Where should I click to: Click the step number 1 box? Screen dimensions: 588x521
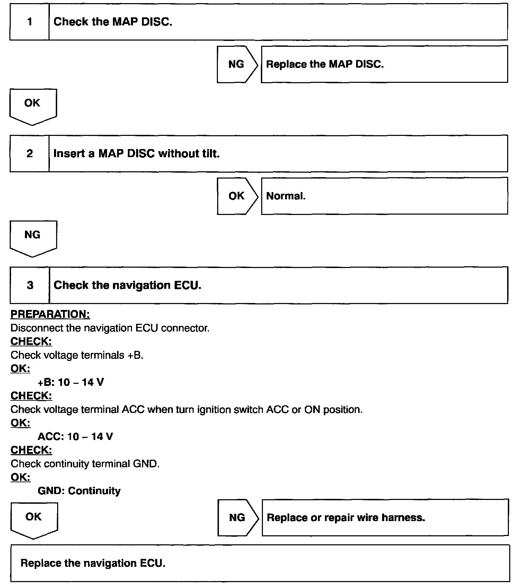[29, 22]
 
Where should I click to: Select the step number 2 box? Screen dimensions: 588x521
[29, 153]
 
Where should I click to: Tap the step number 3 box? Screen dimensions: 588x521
[30, 285]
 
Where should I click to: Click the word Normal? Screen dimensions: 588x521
[286, 196]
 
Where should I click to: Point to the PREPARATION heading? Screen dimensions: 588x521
[50, 314]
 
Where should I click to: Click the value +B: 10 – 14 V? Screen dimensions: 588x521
[71, 382]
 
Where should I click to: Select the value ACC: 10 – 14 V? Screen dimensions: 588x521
[75, 436]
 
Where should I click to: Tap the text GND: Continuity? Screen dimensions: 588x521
[79, 491]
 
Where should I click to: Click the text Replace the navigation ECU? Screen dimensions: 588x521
[93, 563]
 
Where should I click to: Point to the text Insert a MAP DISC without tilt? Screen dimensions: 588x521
[136, 154]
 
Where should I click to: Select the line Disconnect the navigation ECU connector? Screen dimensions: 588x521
[110, 328]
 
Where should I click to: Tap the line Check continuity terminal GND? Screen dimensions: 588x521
[85, 464]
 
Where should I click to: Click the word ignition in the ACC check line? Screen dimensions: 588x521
[214, 410]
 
